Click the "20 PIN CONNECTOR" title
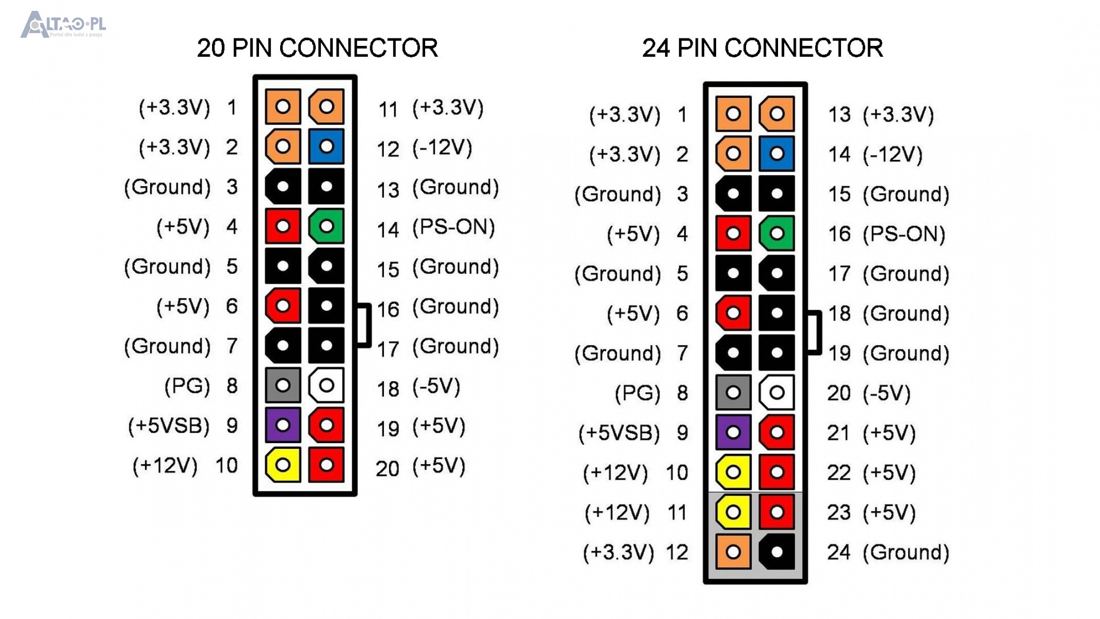[317, 48]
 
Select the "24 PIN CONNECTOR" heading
[762, 48]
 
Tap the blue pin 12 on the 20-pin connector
[326, 147]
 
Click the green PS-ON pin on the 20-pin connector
[326, 226]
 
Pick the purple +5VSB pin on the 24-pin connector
[733, 432]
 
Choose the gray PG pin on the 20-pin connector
[282, 385]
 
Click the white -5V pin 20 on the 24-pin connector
[777, 393]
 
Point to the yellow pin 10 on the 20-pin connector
[282, 465]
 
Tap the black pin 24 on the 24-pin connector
[777, 552]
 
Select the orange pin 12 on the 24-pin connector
[733, 552]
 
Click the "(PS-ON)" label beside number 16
[903, 234]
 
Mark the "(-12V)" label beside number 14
[893, 154]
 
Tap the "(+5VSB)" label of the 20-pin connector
[168, 425]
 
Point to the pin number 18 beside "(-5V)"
[388, 389]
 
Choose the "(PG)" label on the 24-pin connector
[637, 393]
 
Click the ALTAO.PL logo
[63, 25]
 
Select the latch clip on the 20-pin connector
[364, 326]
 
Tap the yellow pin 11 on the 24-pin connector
[733, 512]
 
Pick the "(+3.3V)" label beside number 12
[618, 552]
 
